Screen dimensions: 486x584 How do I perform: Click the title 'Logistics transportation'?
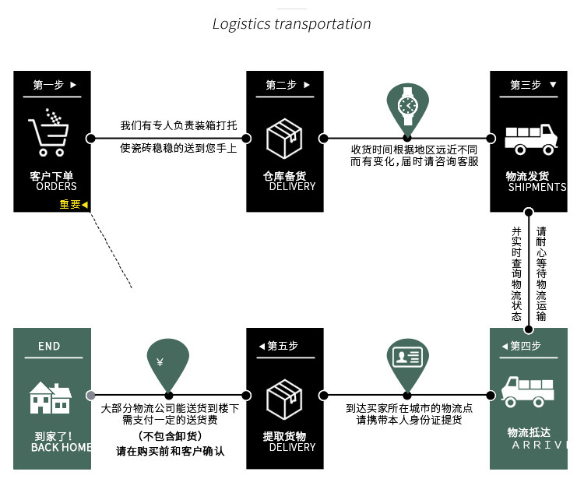point(292,23)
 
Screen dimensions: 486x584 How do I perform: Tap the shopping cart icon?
point(48,132)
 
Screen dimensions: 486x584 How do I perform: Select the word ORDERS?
point(56,187)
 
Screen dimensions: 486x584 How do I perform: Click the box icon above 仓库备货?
point(284,138)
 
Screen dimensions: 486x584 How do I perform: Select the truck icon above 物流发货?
point(529,139)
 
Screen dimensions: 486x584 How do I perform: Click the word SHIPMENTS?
point(537,187)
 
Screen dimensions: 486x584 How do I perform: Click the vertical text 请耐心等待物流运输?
point(541,273)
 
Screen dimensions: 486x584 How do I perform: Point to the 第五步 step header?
point(282,346)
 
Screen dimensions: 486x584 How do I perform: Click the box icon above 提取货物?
point(284,399)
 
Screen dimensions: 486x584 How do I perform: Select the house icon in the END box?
point(51,397)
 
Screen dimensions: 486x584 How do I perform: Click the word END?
point(49,346)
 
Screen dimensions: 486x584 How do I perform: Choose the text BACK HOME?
point(61,447)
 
